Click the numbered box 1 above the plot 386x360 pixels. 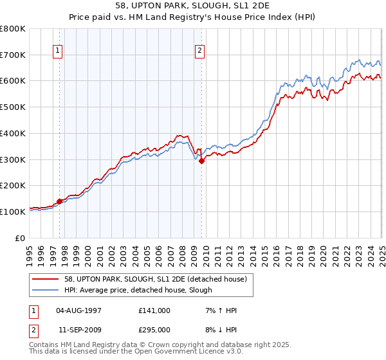pos(58,50)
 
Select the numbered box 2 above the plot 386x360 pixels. pos(200,50)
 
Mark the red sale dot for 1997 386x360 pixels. pos(59,201)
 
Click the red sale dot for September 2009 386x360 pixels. pos(201,161)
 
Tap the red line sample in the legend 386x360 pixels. pos(45,278)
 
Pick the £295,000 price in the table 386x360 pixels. pos(154,331)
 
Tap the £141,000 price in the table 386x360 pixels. pos(154,310)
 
